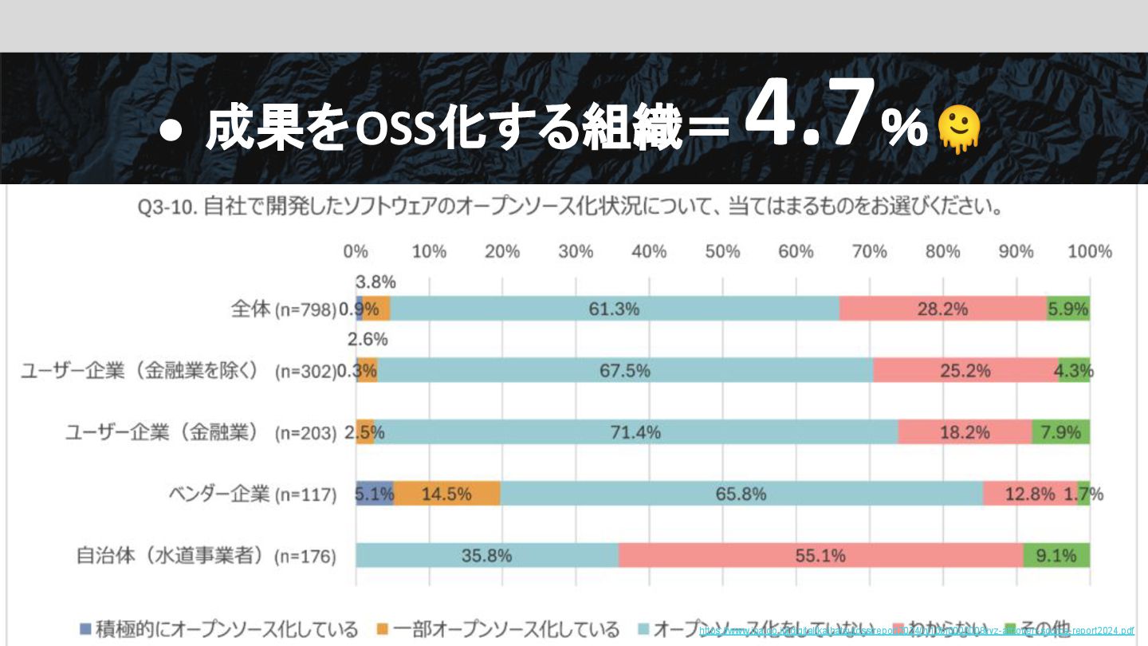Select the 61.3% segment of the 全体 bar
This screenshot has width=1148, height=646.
coord(614,309)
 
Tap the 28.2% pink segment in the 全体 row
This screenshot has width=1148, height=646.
coord(943,309)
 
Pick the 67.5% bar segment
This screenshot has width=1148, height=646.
coord(625,370)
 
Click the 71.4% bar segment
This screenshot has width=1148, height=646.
coord(635,432)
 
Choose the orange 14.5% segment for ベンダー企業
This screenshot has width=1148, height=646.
coord(446,494)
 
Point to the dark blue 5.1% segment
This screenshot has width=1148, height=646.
coord(375,494)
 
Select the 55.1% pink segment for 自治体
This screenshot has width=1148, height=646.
coord(820,555)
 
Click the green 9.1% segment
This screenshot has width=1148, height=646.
coord(1056,555)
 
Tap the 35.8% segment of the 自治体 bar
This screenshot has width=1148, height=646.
coord(486,555)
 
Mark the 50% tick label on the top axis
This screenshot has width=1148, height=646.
coord(722,252)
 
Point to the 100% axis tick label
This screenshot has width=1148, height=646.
coord(1089,252)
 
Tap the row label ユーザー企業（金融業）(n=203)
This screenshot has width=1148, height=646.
coord(201,433)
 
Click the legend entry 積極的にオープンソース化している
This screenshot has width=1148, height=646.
coord(218,629)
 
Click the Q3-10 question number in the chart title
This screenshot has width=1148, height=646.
coord(167,208)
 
